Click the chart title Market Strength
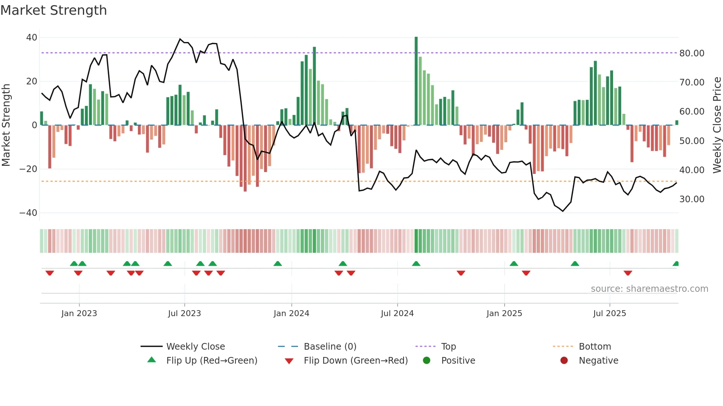coord(53,10)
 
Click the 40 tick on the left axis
coord(32,38)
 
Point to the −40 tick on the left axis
coord(28,213)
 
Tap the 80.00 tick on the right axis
coord(692,53)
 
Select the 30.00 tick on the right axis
coord(692,199)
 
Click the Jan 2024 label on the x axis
coord(291,314)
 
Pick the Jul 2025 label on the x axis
coord(609,314)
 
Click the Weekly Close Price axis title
coord(717,125)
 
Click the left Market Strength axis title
coord(6,125)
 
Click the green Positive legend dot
coord(426,361)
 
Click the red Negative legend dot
coord(564,361)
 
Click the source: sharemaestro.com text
coord(649,289)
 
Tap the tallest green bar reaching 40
coord(416,81)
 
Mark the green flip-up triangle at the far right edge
coord(676,264)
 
